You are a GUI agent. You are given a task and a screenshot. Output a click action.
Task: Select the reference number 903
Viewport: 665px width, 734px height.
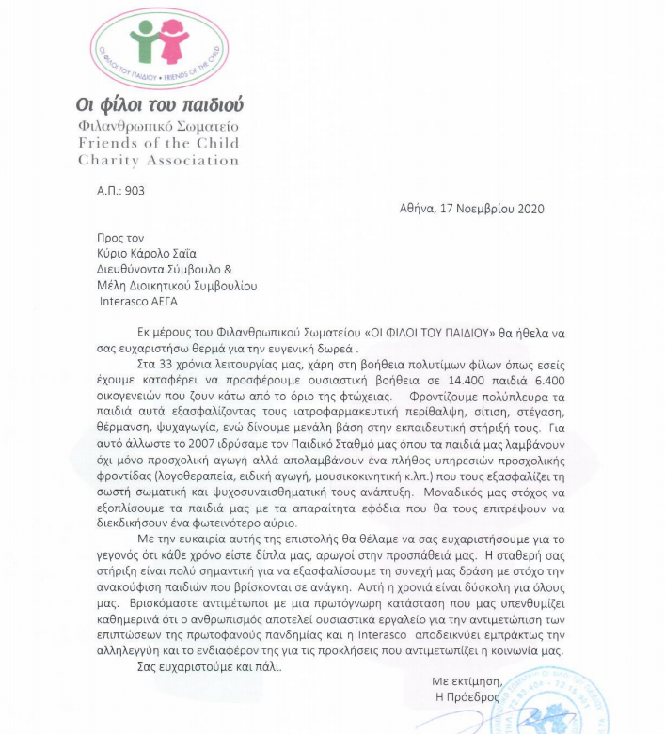coord(134,190)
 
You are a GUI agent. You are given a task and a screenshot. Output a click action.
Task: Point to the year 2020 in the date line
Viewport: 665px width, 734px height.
coord(529,209)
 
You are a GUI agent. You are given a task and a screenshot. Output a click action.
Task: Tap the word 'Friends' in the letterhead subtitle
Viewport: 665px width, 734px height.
coord(103,143)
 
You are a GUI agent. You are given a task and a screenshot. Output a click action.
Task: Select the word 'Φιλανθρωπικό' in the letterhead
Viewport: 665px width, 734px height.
coord(118,126)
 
